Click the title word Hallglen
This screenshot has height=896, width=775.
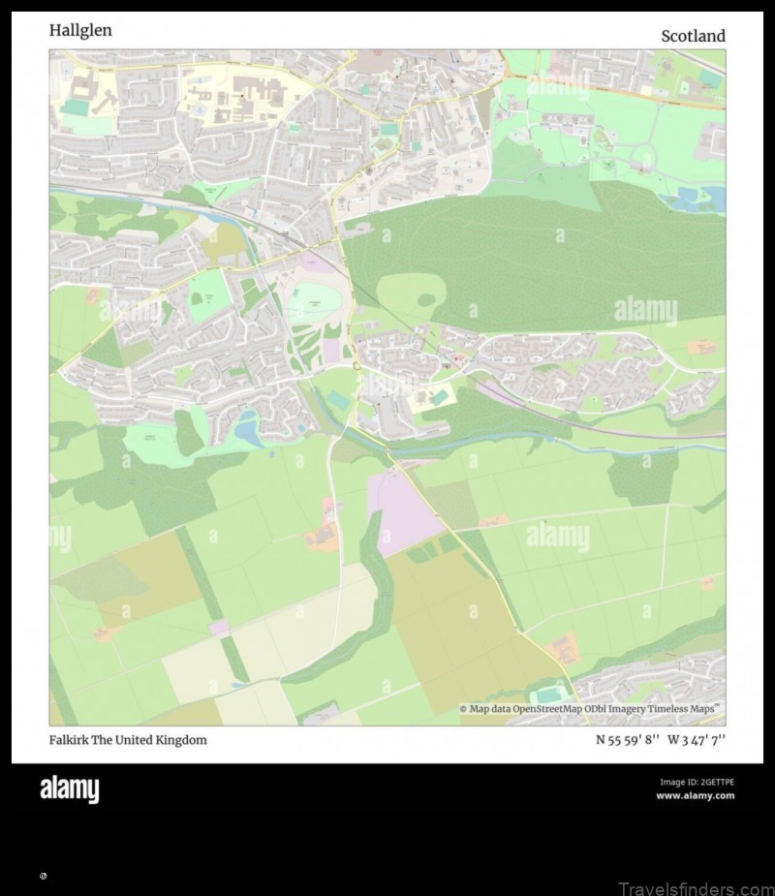tap(80, 30)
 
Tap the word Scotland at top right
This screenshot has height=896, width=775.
tap(693, 36)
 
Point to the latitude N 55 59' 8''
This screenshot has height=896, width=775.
tap(628, 740)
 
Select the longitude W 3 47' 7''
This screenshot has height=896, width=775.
tap(697, 740)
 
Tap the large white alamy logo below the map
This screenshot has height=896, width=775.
tap(69, 789)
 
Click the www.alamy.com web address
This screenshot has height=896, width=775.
tap(695, 796)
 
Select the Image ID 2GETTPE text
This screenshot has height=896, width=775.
tap(697, 782)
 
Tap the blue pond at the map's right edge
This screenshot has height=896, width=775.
tap(714, 198)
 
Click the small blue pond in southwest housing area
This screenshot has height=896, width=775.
tap(249, 429)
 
